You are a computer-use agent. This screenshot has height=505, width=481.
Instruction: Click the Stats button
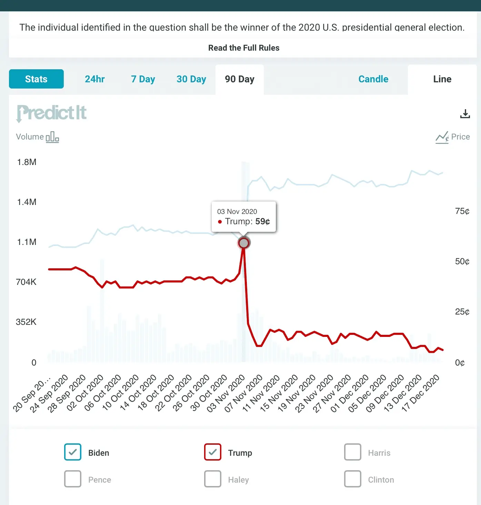click(36, 79)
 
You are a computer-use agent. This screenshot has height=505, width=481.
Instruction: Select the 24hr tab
click(94, 79)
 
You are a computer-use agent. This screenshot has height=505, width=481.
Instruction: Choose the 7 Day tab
click(143, 79)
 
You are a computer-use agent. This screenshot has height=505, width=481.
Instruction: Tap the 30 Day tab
click(191, 79)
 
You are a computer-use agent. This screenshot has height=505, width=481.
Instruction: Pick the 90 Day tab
click(240, 79)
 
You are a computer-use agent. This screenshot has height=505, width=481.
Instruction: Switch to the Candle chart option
click(373, 79)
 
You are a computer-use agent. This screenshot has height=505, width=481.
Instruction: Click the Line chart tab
click(442, 79)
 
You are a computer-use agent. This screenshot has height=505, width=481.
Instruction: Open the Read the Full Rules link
click(244, 48)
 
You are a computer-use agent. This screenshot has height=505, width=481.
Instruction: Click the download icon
click(465, 114)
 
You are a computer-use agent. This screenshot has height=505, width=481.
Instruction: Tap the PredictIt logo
click(52, 113)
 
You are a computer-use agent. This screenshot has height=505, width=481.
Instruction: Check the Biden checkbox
click(73, 452)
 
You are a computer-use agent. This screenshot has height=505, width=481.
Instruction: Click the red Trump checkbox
click(212, 452)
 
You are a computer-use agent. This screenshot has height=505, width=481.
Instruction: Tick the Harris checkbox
click(352, 452)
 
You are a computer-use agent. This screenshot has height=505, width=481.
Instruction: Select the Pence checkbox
click(73, 479)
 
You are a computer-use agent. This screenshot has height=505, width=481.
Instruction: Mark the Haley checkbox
click(212, 479)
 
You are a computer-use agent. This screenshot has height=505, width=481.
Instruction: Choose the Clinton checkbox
click(352, 479)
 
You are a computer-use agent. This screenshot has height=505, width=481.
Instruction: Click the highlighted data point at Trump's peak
click(244, 243)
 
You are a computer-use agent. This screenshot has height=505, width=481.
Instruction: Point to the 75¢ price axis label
click(462, 211)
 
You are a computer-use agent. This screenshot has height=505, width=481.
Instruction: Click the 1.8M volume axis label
click(27, 162)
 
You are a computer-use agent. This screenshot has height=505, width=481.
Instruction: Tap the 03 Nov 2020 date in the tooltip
click(237, 212)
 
